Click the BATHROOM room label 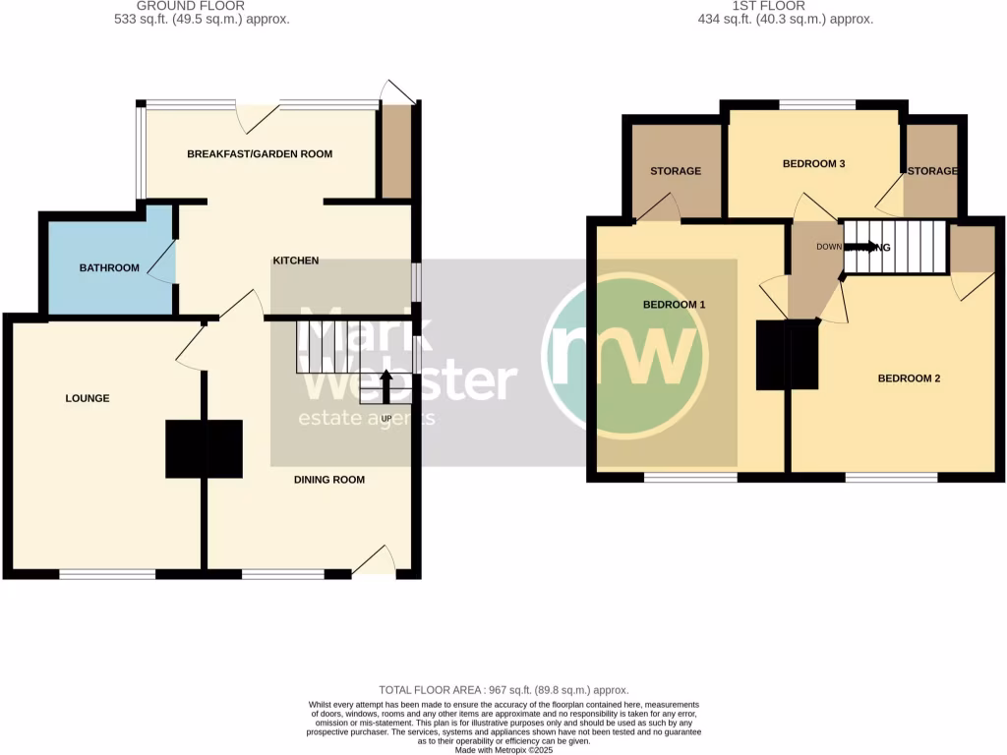tap(109, 267)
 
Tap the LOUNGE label tap(88, 398)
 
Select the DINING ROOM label tap(329, 480)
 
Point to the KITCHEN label tap(296, 261)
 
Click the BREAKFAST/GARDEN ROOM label tap(260, 153)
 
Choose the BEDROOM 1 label tap(675, 305)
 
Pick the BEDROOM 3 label tap(814, 164)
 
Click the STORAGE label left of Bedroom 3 tap(676, 171)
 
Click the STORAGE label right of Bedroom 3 tap(932, 171)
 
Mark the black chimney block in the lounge tap(204, 448)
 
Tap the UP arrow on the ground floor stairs tap(385, 386)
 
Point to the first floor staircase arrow tap(865, 247)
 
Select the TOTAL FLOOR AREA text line tap(503, 691)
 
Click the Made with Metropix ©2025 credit tap(503, 750)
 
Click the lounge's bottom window tap(107, 574)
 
